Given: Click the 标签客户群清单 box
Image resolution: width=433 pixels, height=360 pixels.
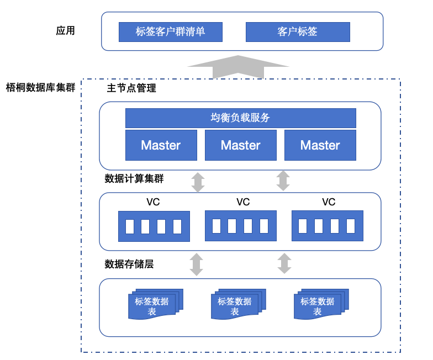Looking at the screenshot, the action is (170, 32).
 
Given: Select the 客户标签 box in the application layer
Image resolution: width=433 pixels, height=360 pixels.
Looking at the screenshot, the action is (298, 32).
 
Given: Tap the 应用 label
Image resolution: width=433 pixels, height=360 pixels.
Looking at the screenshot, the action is (65, 30).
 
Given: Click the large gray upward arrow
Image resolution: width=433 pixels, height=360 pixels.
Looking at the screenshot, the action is (238, 67).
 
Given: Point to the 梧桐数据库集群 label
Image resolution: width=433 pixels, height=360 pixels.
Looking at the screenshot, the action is (41, 87).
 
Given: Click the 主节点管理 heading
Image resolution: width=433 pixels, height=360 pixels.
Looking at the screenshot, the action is (131, 88).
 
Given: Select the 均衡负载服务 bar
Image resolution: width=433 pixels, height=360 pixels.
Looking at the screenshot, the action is (241, 118).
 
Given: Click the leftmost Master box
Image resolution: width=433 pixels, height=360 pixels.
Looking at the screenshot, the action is (161, 145).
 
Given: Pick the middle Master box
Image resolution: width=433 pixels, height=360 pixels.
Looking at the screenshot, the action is (241, 145).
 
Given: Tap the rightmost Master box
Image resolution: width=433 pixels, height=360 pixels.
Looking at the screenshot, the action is (320, 145).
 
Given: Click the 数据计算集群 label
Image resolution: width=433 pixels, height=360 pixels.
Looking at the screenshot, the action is (134, 179).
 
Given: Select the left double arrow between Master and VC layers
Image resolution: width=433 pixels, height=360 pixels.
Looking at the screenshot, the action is (198, 182).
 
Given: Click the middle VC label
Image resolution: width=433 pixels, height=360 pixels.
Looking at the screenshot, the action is (243, 202).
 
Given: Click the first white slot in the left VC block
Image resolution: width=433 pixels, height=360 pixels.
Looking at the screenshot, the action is (129, 226).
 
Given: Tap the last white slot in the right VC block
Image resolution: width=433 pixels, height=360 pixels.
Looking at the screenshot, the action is (350, 226).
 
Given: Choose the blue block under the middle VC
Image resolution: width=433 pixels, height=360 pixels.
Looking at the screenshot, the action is (241, 226).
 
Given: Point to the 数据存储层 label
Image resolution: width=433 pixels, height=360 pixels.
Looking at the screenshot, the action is (129, 264).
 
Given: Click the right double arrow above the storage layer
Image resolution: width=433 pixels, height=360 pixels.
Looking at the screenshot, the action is (284, 263).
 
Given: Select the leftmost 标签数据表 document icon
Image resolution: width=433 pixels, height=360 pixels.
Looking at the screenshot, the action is (156, 304).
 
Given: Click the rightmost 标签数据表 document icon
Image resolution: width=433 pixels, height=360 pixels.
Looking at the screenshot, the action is (321, 304).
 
